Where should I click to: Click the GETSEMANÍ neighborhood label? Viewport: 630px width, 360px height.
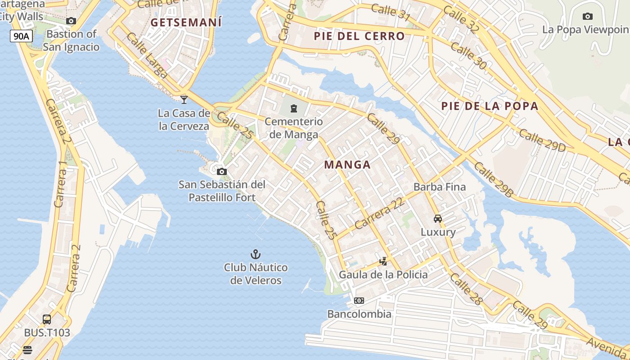tap(186, 22)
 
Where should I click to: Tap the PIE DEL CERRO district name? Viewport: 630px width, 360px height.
tap(359, 36)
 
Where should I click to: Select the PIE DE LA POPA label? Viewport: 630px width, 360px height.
tap(490, 106)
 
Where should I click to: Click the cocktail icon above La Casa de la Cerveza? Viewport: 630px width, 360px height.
tap(184, 99)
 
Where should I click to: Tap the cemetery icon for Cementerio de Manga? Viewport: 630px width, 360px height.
tap(294, 108)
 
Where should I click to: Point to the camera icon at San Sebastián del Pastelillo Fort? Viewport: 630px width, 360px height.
tap(221, 171)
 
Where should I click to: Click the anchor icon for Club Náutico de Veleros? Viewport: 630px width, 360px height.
tap(256, 254)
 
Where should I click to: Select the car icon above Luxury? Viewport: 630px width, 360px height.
tap(437, 219)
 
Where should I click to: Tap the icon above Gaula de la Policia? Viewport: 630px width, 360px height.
tap(383, 261)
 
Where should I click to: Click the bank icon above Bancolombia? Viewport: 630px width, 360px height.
tap(359, 300)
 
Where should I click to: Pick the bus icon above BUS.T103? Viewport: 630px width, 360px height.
tap(47, 319)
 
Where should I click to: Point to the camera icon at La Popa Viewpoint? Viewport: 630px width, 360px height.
tap(587, 17)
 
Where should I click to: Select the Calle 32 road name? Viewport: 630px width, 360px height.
tap(461, 19)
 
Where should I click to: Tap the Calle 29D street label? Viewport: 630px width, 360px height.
tap(542, 140)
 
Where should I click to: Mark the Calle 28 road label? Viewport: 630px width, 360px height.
tap(466, 289)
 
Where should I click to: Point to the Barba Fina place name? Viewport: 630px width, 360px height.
tap(439, 187)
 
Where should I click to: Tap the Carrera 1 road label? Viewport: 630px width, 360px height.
tap(60, 184)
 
